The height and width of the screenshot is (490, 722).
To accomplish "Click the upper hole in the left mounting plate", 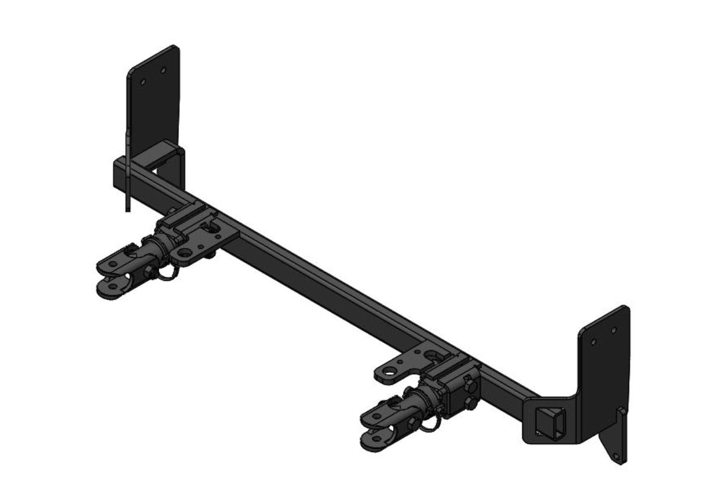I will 164,71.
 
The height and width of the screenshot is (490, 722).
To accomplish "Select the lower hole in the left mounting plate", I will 142,83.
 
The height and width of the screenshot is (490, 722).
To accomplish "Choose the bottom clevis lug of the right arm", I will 376,439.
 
